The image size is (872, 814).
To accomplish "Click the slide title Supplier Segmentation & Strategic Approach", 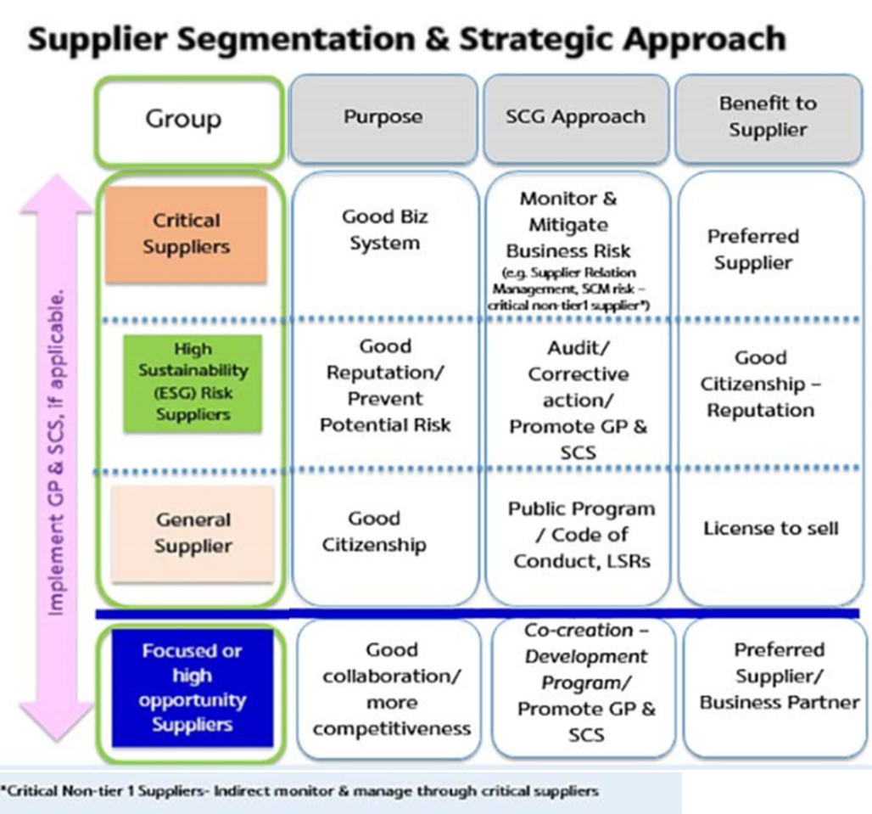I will (407, 38).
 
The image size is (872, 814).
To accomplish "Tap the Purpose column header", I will (383, 117).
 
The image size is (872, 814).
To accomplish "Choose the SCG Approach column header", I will (575, 117).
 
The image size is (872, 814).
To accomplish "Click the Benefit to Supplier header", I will (768, 117).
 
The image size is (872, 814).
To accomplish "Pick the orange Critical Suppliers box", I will (186, 234).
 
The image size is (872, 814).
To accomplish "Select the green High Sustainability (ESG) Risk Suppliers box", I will (192, 382).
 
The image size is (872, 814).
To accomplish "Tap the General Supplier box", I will (193, 532).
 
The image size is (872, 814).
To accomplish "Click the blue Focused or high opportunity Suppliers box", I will (192, 688).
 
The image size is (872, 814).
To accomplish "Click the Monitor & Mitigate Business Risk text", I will (568, 225).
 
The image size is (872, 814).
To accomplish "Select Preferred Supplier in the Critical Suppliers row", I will (753, 250).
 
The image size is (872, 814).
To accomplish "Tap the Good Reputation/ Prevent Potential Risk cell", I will (385, 385).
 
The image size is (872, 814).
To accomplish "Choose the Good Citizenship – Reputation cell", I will (761, 384).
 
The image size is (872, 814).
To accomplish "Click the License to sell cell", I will (770, 529).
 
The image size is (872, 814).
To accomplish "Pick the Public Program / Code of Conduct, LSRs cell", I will (581, 535).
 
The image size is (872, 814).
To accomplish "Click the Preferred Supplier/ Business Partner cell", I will (779, 676).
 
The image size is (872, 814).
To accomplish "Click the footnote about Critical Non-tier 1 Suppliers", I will (300, 791).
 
